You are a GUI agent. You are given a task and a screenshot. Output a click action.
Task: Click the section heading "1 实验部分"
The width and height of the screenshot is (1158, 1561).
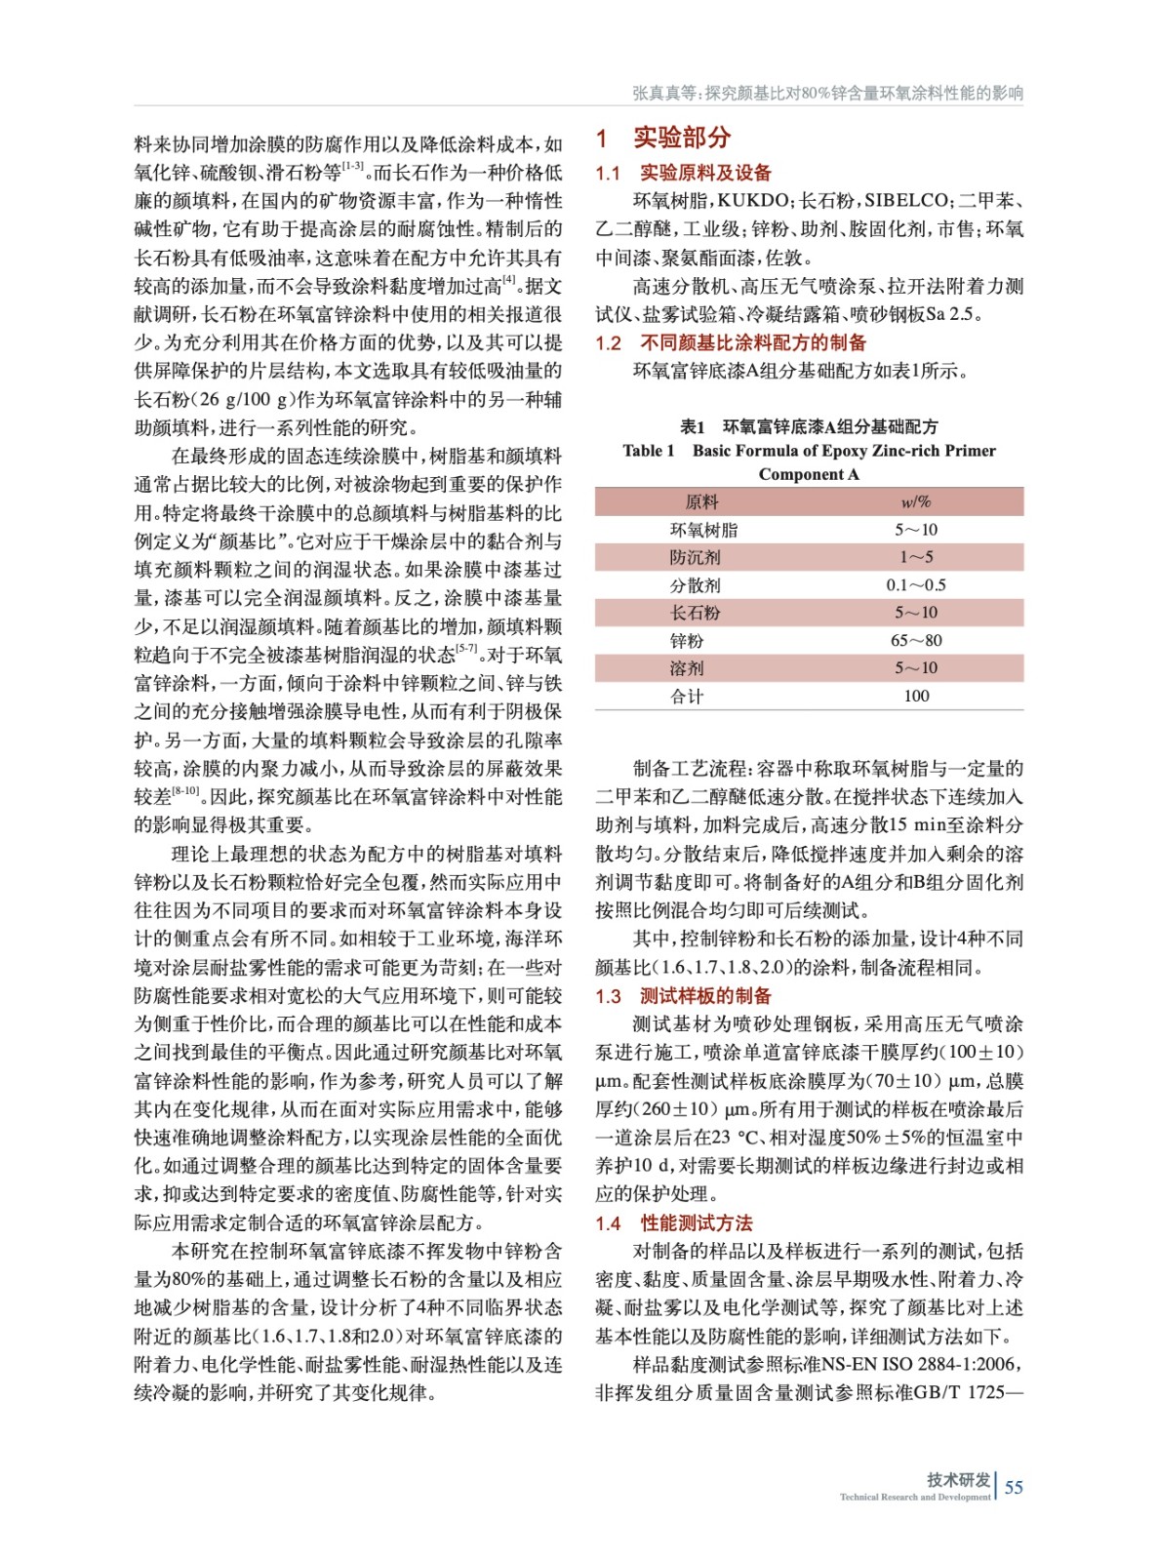pos(663,138)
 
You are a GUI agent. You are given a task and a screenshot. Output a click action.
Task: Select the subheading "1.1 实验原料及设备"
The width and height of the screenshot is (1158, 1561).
pos(684,173)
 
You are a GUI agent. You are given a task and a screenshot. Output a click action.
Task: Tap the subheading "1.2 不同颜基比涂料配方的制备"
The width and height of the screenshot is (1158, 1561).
pos(731,342)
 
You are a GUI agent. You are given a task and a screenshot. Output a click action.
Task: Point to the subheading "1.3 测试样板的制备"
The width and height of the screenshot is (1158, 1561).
pos(684,996)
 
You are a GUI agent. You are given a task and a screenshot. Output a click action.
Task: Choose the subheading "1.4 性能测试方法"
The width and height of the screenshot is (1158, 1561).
pos(674,1223)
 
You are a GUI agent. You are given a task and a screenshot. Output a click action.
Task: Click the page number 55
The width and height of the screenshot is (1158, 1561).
pos(1014,1487)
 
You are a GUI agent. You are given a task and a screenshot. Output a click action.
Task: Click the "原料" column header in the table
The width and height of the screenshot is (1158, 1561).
pos(701,501)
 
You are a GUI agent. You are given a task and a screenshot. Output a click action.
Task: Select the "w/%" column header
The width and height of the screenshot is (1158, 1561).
pos(915,501)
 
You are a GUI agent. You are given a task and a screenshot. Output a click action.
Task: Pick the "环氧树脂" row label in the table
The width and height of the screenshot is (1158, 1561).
pos(703,530)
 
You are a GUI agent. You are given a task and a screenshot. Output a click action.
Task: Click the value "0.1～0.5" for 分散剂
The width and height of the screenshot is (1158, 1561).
pos(915,585)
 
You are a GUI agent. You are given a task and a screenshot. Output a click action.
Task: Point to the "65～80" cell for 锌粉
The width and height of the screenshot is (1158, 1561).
pos(915,641)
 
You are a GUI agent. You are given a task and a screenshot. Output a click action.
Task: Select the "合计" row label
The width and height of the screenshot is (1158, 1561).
pos(687,696)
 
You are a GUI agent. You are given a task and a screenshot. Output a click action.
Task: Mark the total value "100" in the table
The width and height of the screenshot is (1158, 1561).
pos(915,696)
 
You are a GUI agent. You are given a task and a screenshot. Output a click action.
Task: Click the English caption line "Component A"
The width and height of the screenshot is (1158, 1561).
pos(809,474)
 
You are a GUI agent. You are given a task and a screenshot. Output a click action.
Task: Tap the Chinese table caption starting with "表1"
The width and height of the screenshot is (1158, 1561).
pos(809,426)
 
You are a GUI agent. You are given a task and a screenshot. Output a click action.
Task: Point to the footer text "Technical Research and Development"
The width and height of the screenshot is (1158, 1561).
pos(914,1498)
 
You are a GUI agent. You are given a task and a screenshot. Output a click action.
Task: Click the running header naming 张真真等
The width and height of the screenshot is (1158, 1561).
pos(827,93)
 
